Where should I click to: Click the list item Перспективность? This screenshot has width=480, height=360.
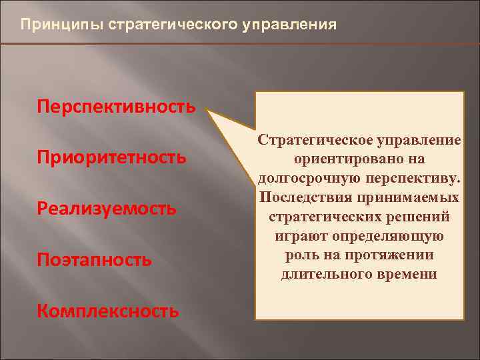point(117,107)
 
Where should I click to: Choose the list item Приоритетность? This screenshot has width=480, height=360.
point(111,158)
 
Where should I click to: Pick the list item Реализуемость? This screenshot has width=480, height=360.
point(107,209)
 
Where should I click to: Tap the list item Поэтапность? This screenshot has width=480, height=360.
point(94,259)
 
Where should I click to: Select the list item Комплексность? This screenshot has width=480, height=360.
point(108,310)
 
